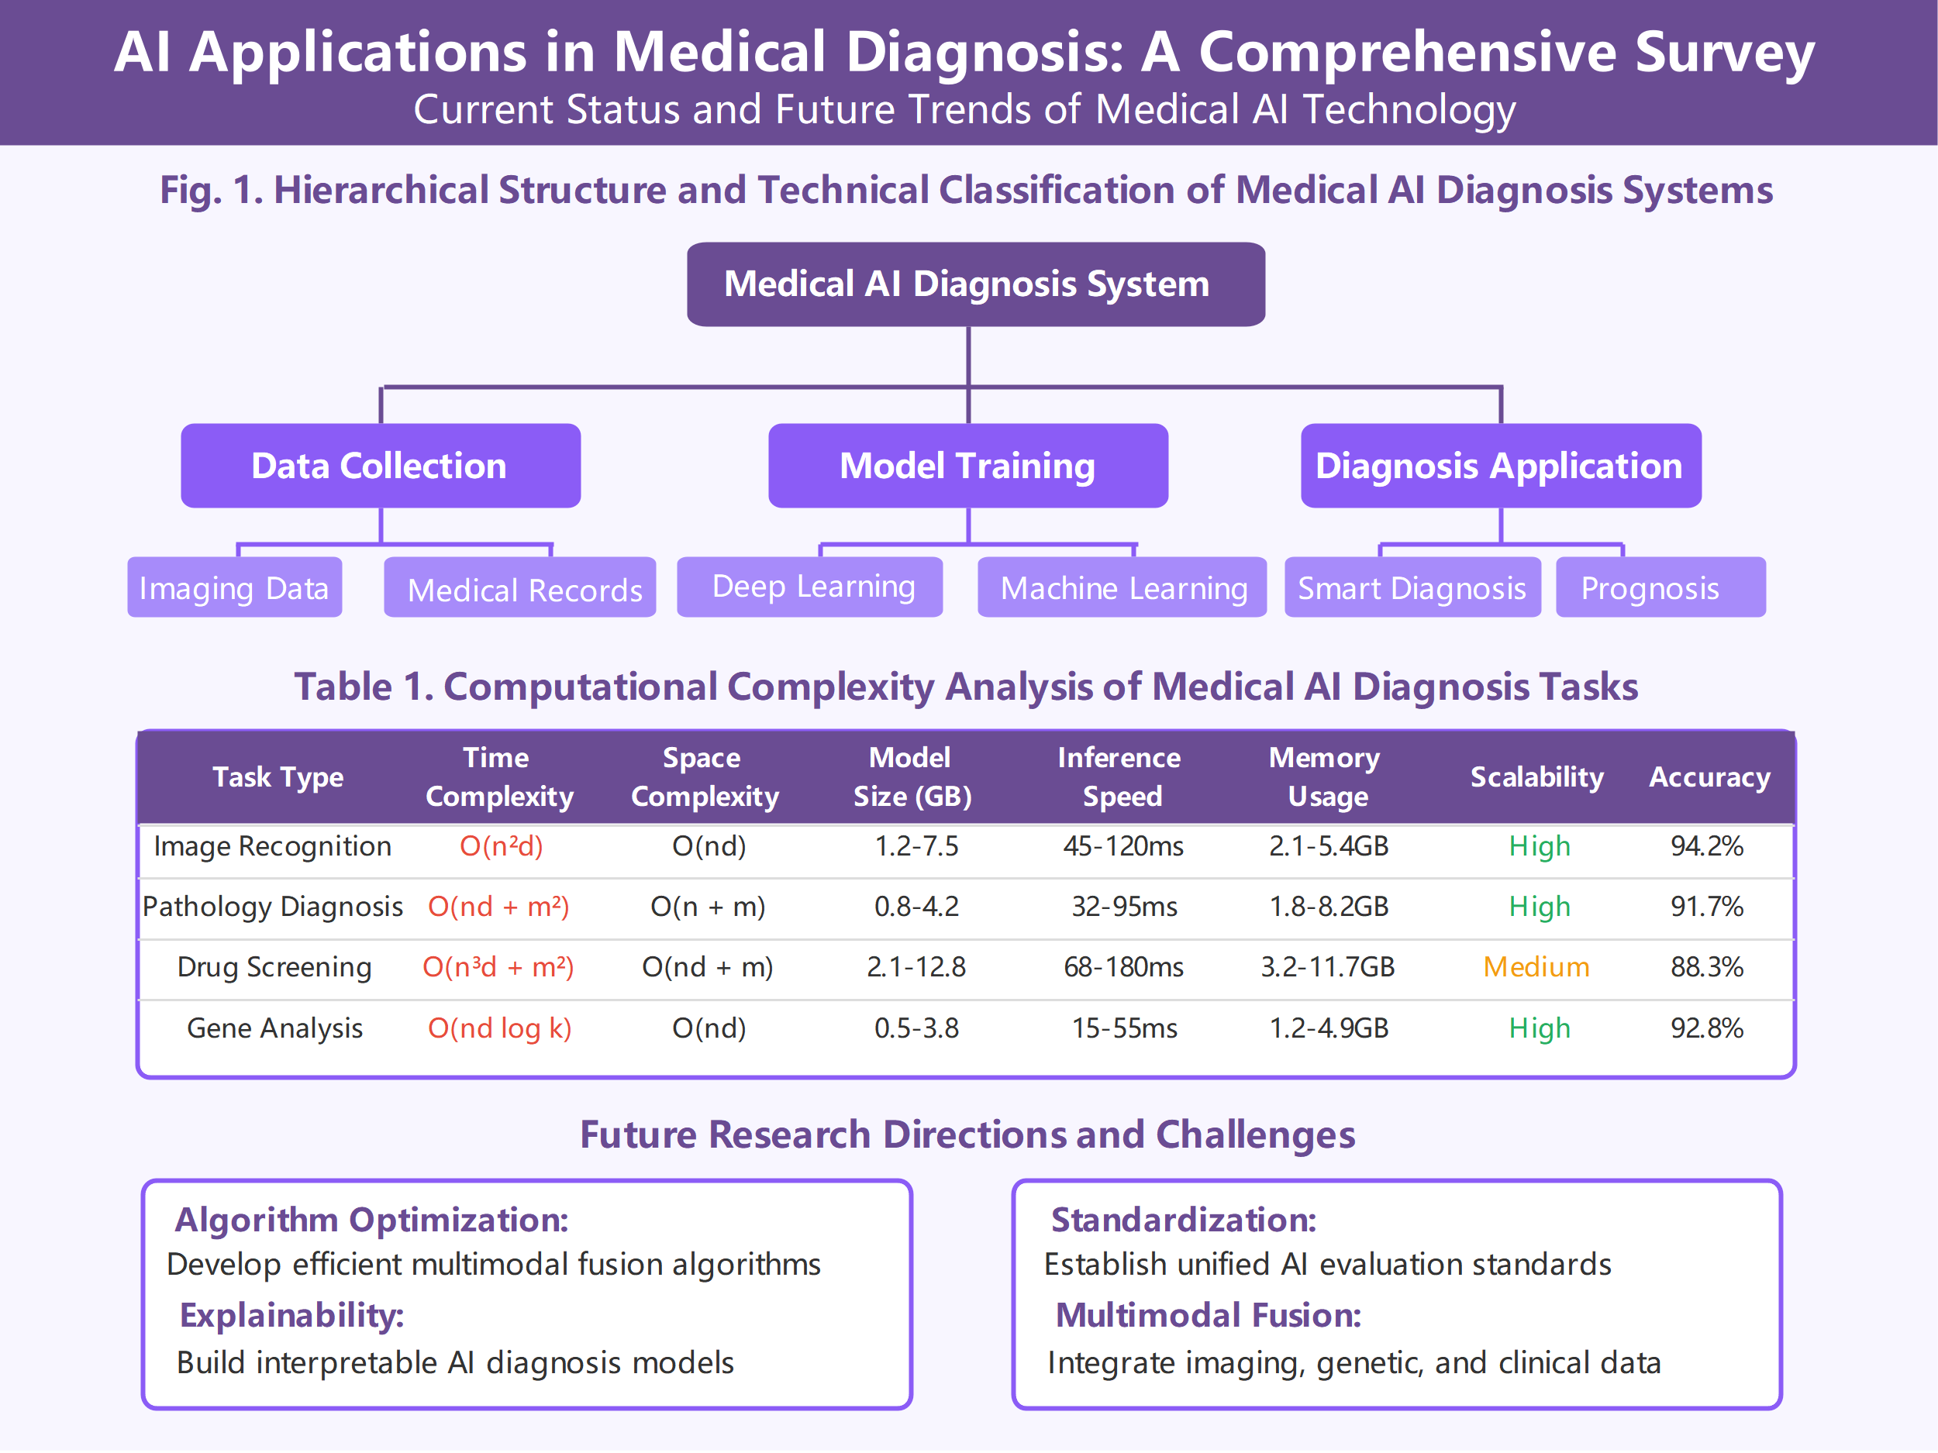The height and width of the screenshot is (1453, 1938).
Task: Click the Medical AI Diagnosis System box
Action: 975,284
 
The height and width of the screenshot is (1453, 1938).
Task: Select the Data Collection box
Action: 381,466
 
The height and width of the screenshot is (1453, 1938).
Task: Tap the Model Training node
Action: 967,466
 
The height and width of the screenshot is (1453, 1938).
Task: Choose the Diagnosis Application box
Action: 1500,466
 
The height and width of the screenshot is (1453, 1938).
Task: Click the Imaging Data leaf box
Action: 234,587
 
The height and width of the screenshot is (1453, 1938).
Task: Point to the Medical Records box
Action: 519,587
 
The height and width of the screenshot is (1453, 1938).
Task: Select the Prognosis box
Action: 1660,587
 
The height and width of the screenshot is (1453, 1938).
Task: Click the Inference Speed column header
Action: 1119,776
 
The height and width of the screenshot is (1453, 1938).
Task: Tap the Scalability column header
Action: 1536,776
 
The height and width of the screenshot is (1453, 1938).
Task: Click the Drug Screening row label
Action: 274,967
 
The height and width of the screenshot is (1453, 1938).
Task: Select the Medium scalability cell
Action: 1536,967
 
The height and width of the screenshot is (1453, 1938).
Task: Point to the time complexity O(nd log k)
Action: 499,1028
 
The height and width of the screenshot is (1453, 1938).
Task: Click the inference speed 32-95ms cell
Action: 1124,907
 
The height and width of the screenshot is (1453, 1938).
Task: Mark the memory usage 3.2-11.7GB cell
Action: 1327,967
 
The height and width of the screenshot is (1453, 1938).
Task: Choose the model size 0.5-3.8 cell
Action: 916,1028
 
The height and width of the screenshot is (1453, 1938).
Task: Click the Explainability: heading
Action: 291,1316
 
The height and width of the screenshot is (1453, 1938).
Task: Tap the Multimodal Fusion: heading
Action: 1209,1316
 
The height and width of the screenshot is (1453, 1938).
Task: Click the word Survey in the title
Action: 1724,53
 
